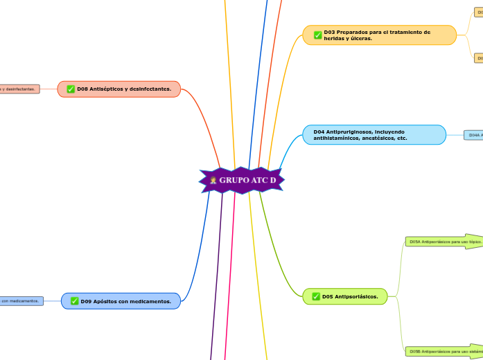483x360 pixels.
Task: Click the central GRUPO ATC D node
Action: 243,181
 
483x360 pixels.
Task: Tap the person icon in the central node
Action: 213,181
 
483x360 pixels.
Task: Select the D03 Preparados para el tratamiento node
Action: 380,35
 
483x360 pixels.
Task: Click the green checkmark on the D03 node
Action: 317,35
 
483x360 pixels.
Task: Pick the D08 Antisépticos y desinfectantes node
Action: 119,89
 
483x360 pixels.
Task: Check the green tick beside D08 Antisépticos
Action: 71,89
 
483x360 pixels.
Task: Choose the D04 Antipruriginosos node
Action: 374,134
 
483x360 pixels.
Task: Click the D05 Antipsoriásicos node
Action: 344,296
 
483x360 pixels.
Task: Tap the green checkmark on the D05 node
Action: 316,296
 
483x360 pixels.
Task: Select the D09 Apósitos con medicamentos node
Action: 121,301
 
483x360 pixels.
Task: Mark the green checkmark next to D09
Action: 74,301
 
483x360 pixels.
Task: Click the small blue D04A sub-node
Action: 474,135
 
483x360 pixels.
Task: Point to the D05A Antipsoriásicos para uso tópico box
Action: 444,242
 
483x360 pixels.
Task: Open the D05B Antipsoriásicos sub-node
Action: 444,351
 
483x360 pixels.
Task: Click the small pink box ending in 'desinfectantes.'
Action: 19,89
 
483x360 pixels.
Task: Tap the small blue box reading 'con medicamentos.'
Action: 21,300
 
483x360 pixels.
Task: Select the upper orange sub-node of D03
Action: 478,12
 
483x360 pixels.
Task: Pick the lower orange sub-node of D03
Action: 478,58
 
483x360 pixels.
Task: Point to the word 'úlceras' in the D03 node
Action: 361,39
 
